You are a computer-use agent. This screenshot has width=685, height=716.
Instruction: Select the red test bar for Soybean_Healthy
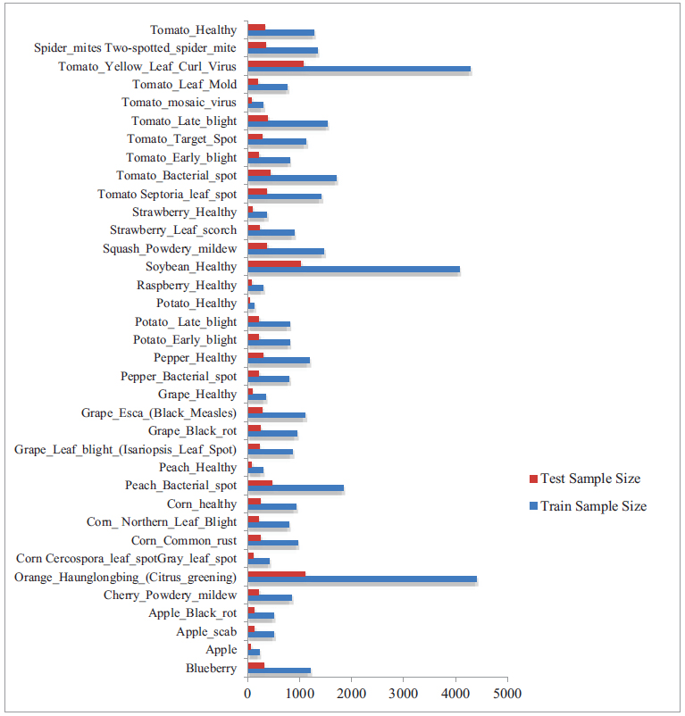coord(274,263)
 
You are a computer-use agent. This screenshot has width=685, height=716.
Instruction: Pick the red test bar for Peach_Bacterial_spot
coord(260,482)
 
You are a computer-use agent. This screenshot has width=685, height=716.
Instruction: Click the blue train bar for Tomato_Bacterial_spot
coord(292,179)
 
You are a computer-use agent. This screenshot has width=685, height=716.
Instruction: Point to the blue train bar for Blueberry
coord(279,670)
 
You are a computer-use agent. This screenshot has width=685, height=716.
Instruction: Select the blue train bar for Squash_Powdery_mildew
coord(286,252)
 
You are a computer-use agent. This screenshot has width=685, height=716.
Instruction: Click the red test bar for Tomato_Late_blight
coord(258,118)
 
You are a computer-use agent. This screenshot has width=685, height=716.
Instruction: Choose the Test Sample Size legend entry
coord(585,479)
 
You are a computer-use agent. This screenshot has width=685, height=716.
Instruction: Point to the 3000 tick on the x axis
coord(404,693)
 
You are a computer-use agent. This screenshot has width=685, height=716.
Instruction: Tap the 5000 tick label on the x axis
coord(507,693)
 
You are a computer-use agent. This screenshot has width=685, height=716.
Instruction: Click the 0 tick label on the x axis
coord(247,693)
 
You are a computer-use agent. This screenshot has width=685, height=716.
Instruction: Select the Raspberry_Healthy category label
coord(187,286)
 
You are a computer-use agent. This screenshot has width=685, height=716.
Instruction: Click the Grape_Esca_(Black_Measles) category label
coord(159,412)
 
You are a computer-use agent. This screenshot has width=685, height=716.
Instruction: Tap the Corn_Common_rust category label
coord(184,540)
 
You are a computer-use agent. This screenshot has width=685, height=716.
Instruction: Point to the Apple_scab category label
coord(206,632)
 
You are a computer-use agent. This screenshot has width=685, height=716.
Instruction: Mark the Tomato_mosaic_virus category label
coord(180,103)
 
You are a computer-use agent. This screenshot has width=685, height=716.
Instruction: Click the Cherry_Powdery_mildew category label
coord(170,595)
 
